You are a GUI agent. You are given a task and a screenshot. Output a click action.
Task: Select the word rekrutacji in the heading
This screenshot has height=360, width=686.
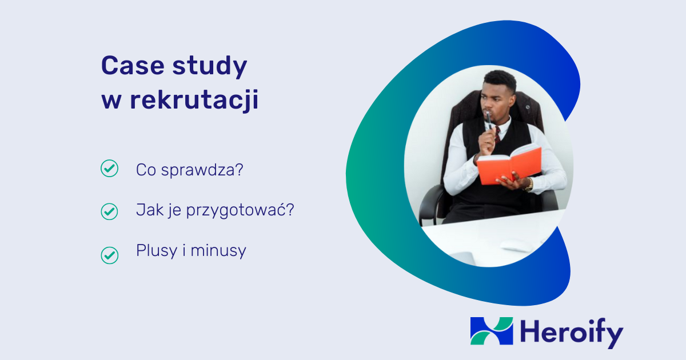pos(194,101)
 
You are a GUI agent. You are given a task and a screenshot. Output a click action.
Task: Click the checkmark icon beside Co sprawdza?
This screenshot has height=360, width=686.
pos(109,169)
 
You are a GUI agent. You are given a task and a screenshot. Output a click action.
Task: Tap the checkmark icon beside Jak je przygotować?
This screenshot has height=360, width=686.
pos(109,211)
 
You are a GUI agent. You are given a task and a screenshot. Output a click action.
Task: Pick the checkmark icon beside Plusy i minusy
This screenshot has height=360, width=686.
pos(109,255)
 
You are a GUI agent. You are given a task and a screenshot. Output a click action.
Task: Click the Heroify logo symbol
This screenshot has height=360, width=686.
pos(492,331)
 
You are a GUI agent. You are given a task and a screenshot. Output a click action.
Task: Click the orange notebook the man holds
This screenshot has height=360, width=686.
pos(509,165)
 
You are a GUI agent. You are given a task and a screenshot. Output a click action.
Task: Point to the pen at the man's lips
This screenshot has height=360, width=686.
pos(489,120)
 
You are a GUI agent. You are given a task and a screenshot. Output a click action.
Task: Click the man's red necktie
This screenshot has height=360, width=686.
pos(497,134)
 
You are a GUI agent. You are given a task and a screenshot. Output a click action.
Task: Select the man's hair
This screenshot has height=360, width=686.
pos(499,80)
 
